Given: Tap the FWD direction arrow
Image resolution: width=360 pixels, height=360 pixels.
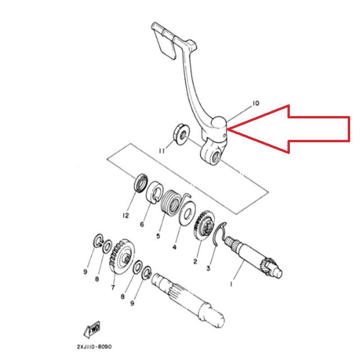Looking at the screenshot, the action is pyautogui.click(x=92, y=329).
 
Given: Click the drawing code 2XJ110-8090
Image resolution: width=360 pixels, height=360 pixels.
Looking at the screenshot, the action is pyautogui.click(x=94, y=346).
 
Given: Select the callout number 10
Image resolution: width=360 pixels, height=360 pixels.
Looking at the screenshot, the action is pyautogui.click(x=256, y=103).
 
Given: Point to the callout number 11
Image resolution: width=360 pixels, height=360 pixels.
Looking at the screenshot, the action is pyautogui.click(x=162, y=151).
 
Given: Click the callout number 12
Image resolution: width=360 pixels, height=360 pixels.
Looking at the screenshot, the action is pyautogui.click(x=126, y=216).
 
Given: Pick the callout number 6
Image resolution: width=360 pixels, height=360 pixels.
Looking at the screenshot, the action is pyautogui.click(x=142, y=224).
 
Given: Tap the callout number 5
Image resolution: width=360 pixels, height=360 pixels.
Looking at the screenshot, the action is pyautogui.click(x=158, y=236).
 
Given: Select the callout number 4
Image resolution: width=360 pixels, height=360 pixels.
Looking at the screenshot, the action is pyautogui.click(x=175, y=247).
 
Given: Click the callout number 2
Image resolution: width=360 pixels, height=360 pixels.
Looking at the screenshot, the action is pyautogui.click(x=195, y=261).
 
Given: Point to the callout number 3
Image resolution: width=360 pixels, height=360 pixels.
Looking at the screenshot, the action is pyautogui.click(x=208, y=268).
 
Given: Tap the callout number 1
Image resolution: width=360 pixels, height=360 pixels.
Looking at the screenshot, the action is pyautogui.click(x=231, y=284).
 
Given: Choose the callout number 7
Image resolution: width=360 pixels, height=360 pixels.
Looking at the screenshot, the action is pyautogui.click(x=113, y=288).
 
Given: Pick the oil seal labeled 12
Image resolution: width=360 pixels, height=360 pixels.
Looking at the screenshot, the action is pyautogui.click(x=140, y=183).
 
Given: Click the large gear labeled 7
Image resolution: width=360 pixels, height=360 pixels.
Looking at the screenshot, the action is pyautogui.click(x=122, y=256).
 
